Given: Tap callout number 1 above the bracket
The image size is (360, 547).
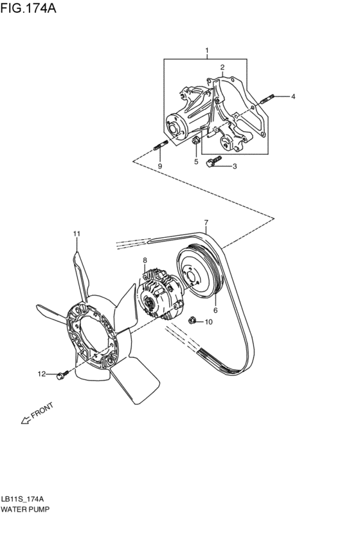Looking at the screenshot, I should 207,50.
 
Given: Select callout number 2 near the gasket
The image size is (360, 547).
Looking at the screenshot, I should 222,67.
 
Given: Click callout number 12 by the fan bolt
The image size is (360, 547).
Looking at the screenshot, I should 40,373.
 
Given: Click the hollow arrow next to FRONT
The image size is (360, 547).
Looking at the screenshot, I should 26,420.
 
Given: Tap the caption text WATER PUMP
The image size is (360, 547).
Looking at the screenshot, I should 25,508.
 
